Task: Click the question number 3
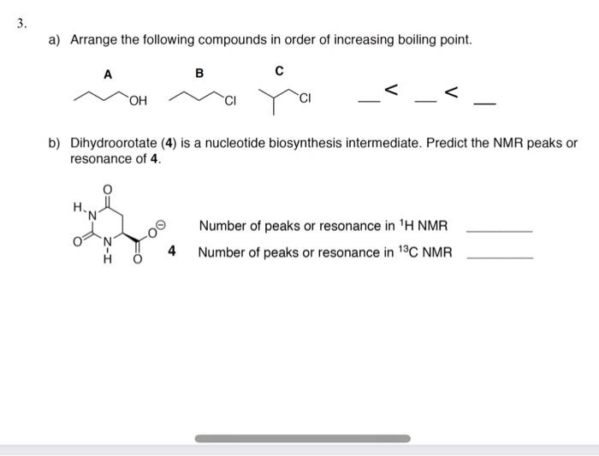21,23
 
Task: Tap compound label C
280,69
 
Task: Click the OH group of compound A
138,104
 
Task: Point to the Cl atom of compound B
228,104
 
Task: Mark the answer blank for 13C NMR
499,258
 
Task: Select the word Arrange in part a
94,40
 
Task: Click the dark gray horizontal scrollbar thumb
302,439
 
